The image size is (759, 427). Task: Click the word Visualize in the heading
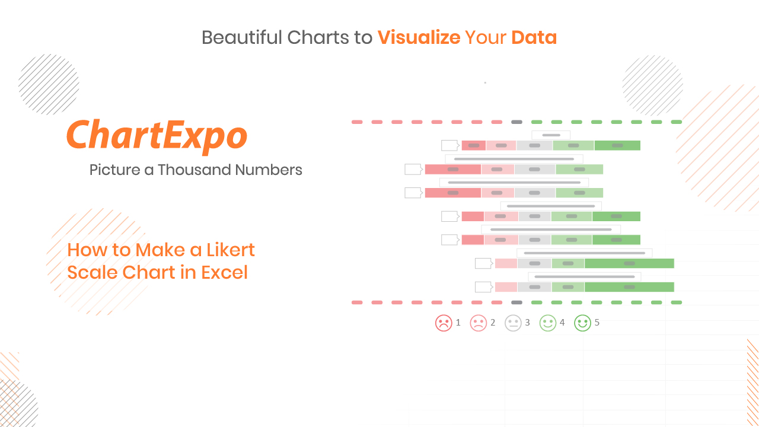[419, 37]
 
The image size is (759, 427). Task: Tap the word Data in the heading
[534, 37]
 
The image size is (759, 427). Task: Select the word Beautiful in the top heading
[242, 37]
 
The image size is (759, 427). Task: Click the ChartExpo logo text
[157, 136]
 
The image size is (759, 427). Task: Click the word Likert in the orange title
[231, 250]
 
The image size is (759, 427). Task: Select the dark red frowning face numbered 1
[444, 323]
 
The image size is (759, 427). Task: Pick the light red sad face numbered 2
[478, 323]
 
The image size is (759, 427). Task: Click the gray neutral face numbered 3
[513, 323]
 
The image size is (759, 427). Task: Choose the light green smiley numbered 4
[547, 323]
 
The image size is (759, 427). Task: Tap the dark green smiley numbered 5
[582, 323]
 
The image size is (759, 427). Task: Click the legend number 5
[597, 322]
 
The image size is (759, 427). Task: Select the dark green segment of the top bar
[617, 145]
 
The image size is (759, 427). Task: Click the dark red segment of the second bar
[452, 169]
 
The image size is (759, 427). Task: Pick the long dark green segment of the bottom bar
[629, 287]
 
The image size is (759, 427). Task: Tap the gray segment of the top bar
[534, 145]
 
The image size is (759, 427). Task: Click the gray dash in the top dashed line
[516, 122]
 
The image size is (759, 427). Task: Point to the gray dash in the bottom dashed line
[516, 302]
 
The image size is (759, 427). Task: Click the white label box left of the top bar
[450, 145]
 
